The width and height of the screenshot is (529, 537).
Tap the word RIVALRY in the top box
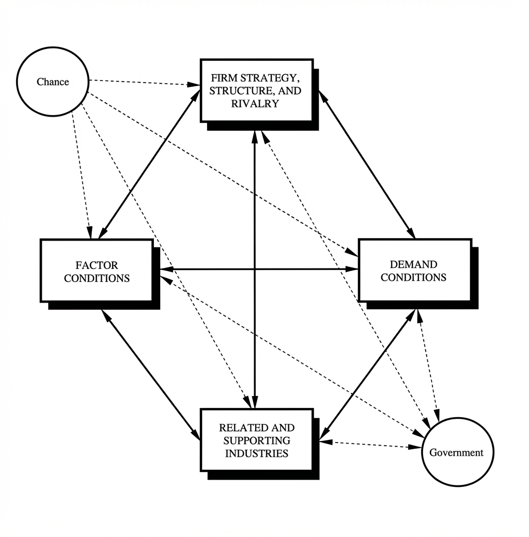point(255,103)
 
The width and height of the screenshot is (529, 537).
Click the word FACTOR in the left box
point(97,265)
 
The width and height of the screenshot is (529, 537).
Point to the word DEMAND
point(413,264)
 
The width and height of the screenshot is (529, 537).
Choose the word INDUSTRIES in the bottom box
point(257,453)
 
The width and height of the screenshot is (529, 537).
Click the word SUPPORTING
point(257,440)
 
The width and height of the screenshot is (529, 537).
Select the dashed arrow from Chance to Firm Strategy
point(145,83)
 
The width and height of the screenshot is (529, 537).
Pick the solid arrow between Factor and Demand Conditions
point(259,270)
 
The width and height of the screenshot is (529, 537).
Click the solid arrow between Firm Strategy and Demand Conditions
point(367,164)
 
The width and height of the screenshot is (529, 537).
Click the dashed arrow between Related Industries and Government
point(370,445)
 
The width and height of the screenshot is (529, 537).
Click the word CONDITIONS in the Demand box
point(413,277)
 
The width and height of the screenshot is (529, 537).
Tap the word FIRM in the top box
point(224,78)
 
